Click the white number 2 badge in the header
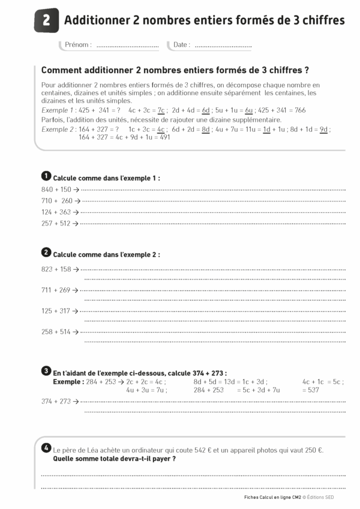pyautogui.click(x=47, y=20)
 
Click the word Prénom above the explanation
pyautogui.click(x=78, y=45)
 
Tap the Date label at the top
pyautogui.click(x=181, y=45)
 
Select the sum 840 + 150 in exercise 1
pyautogui.click(x=56, y=189)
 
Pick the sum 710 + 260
pyautogui.click(x=56, y=201)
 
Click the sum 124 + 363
pyautogui.click(x=56, y=212)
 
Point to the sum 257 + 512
pyautogui.click(x=56, y=224)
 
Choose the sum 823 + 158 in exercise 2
pyautogui.click(x=56, y=269)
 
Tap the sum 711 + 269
pyautogui.click(x=56, y=290)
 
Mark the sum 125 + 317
pyautogui.click(x=56, y=311)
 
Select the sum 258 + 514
pyautogui.click(x=56, y=332)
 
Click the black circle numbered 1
pyautogui.click(x=46, y=176)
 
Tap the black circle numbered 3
pyautogui.click(x=46, y=371)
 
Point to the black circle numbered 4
pyautogui.click(x=46, y=448)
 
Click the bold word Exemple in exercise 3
pyautogui.click(x=68, y=381)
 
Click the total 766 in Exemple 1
pyautogui.click(x=301, y=110)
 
